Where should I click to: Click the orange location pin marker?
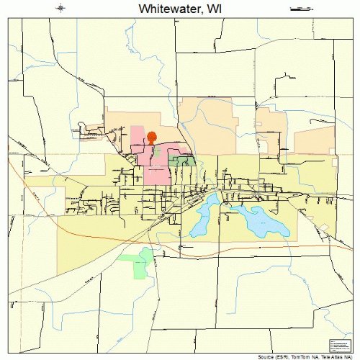click(x=152, y=135)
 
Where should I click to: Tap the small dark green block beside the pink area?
click(x=182, y=161)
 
